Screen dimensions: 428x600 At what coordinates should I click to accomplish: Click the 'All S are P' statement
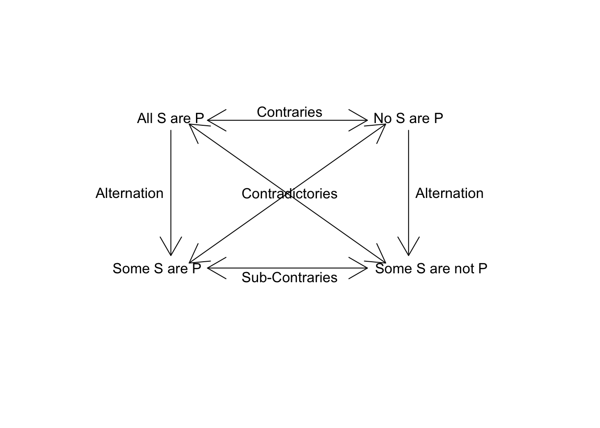click(x=170, y=119)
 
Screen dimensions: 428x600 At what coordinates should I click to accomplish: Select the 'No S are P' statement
click(x=408, y=119)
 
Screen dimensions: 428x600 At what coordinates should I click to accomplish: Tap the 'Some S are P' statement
click(x=157, y=268)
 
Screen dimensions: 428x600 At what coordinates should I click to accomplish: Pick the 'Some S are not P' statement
click(x=431, y=268)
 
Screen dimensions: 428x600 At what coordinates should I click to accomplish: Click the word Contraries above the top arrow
click(x=289, y=112)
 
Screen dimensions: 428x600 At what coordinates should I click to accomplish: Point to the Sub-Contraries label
click(x=289, y=277)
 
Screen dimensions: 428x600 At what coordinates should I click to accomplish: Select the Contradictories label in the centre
click(x=289, y=193)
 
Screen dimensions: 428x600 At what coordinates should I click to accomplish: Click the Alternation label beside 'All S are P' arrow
click(x=129, y=193)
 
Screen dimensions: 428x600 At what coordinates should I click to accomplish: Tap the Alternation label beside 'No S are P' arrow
click(x=449, y=193)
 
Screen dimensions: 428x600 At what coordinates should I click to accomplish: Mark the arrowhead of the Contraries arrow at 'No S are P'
click(x=364, y=120)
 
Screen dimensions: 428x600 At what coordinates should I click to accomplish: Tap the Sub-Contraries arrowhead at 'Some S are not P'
click(x=364, y=268)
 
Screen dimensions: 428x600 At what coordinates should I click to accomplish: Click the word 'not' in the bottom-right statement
click(x=465, y=268)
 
